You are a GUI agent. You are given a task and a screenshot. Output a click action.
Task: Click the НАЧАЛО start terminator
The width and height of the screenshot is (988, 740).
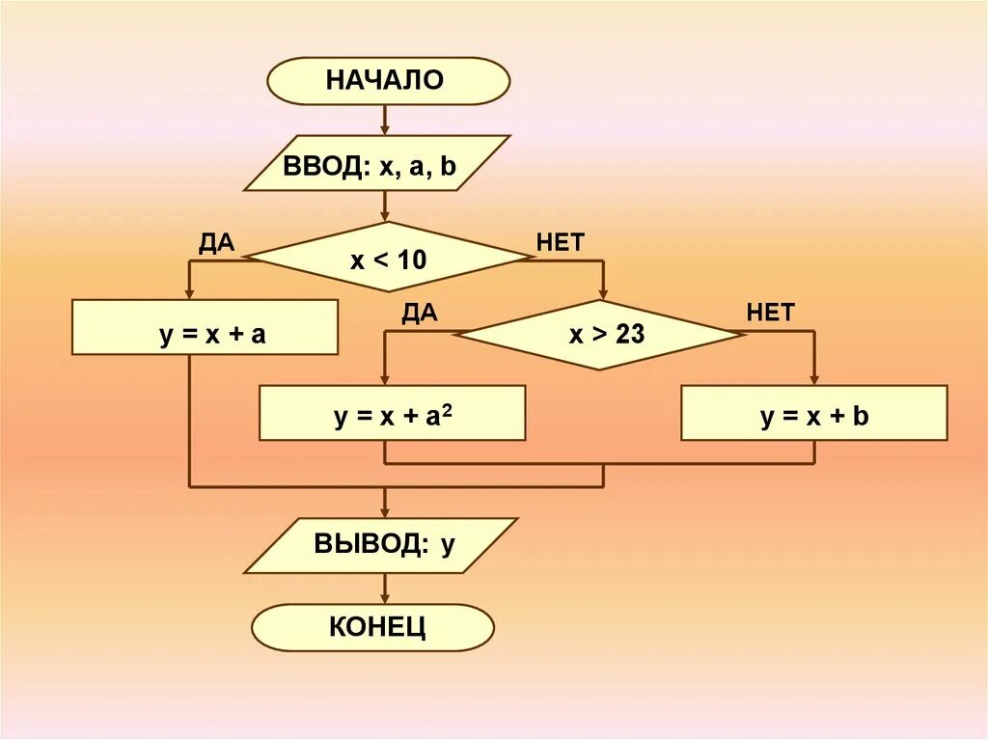(387, 80)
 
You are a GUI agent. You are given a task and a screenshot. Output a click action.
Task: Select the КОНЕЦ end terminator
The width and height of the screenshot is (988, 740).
(373, 627)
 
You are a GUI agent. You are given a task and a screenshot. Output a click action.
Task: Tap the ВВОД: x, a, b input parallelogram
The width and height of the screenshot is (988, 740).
(375, 163)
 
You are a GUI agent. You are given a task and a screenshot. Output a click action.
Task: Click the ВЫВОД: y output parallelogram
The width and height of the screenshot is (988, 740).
(380, 545)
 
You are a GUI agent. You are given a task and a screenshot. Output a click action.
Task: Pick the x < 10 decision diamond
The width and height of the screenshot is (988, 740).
(387, 258)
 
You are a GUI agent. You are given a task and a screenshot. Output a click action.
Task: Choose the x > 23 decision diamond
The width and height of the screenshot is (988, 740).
(599, 335)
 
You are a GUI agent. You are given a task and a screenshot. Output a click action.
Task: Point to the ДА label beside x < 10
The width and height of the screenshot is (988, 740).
(217, 242)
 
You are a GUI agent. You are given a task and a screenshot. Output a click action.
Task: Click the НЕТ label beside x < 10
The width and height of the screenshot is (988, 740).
(561, 242)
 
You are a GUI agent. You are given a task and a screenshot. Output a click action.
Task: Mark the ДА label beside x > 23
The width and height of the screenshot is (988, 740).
(420, 312)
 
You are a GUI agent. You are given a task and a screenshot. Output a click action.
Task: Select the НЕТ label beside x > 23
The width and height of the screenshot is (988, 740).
(770, 312)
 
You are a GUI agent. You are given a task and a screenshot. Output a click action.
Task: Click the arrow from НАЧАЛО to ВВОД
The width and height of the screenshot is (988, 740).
(386, 119)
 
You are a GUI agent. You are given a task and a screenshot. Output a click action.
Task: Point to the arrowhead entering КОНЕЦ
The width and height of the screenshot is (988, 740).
(386, 597)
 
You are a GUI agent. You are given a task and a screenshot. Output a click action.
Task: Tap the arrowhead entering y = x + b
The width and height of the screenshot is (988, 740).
(813, 379)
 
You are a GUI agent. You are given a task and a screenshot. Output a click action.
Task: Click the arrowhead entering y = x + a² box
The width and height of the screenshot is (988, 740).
(385, 379)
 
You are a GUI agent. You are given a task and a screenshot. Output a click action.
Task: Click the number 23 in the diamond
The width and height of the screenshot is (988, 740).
(630, 335)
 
